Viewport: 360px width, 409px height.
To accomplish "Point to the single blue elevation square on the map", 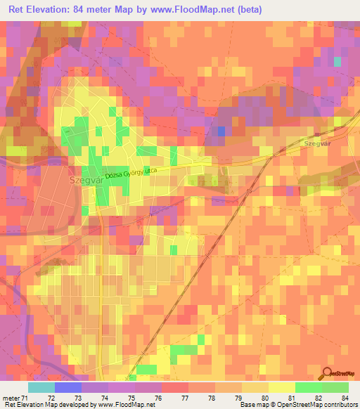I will [222, 131].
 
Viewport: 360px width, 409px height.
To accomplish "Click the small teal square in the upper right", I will [337, 62].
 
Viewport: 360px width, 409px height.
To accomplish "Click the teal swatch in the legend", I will [41, 387].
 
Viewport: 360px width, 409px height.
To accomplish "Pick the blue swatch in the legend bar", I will [68, 387].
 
